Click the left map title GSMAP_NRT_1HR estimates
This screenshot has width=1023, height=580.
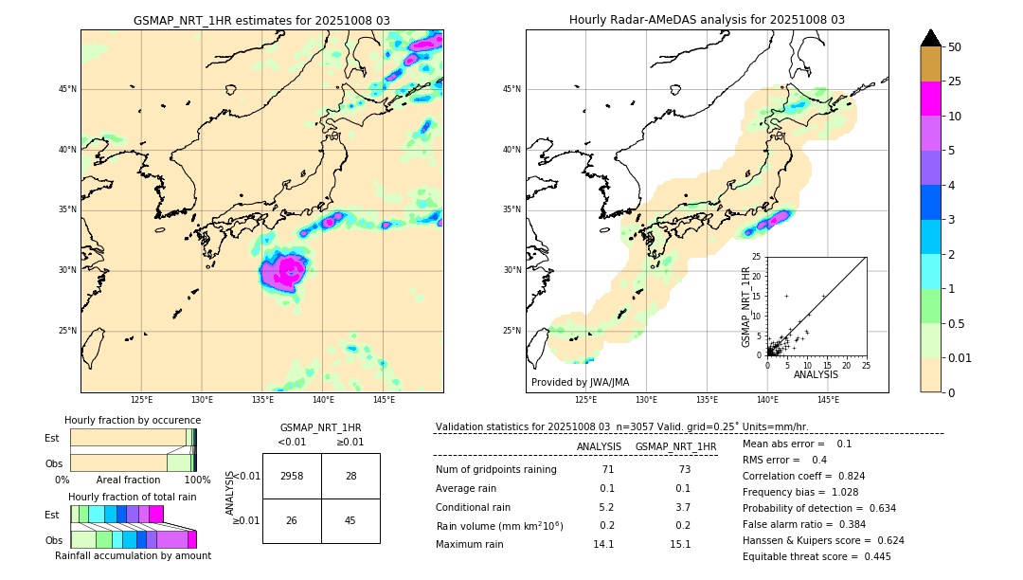click(x=261, y=20)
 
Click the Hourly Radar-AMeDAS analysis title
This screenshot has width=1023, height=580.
click(x=707, y=20)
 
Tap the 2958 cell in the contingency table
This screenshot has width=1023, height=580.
click(x=292, y=476)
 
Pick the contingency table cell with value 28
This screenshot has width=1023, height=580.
click(x=350, y=476)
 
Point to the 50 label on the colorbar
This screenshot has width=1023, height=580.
click(x=955, y=47)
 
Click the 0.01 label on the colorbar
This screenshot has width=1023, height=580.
click(x=960, y=357)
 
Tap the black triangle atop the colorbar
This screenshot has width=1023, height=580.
click(x=931, y=38)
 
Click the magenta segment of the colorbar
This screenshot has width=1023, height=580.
click(x=931, y=99)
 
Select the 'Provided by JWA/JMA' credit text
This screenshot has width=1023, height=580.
click(x=580, y=382)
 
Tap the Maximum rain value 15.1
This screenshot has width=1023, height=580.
click(x=680, y=544)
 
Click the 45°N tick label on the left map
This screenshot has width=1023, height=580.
click(x=67, y=89)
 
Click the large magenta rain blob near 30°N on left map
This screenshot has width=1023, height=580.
click(x=283, y=274)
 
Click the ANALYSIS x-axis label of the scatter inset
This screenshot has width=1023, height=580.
click(x=816, y=374)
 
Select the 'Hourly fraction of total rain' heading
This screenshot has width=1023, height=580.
click(x=133, y=497)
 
